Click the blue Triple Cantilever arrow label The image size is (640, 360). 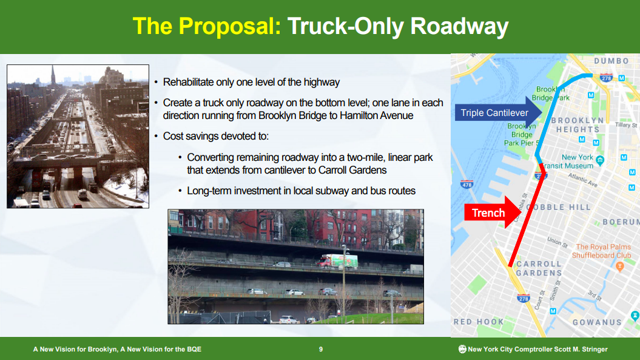coord(498,113)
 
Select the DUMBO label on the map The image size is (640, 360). coord(611,61)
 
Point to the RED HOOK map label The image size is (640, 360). coord(479,322)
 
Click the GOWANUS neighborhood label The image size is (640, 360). coord(597,322)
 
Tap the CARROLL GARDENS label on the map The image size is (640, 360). coord(539,268)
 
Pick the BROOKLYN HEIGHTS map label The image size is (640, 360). coord(578,125)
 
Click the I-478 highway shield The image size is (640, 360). coord(467,185)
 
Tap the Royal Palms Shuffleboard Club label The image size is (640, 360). coord(602,251)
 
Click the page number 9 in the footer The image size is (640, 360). coord(321,349)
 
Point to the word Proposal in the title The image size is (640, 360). coord(229,26)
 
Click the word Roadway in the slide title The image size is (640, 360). coord(459,26)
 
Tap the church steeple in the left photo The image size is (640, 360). coord(53,76)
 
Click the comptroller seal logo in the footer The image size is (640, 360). coord(462,349)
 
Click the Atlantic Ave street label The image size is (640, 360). coord(583,180)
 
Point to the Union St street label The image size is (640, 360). coord(557,242)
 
